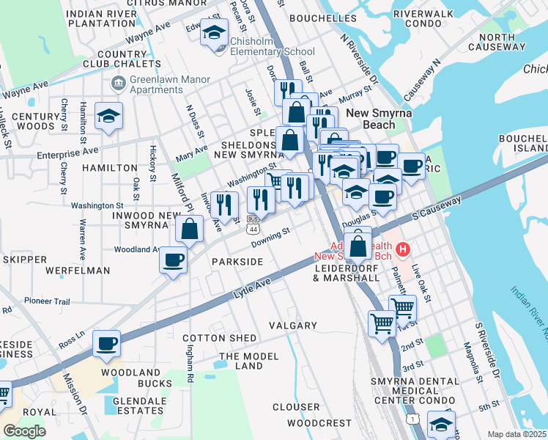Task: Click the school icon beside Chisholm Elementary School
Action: coord(215,34)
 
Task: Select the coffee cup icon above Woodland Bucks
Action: coord(107,343)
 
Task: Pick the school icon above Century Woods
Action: coord(108,116)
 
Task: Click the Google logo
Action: coord(24,431)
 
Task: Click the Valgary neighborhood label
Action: coord(292,325)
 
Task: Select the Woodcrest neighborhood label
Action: coord(319,423)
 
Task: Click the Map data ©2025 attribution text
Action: coord(517,434)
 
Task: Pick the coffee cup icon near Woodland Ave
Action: coord(174,260)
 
